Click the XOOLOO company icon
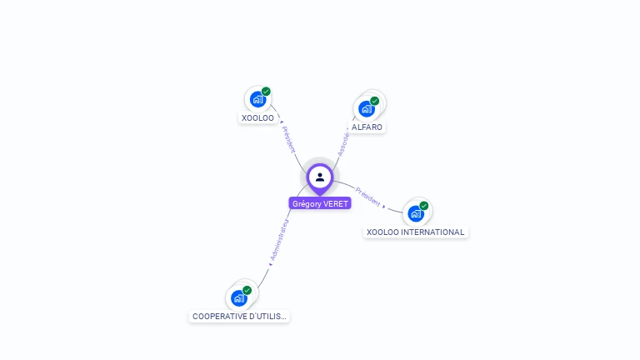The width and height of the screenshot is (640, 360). point(257,99)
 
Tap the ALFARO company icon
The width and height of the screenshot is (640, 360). point(366,108)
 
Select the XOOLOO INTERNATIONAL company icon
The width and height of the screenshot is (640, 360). point(416,213)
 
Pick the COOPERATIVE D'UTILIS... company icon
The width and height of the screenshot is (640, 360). point(239,297)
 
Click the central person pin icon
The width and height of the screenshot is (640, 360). point(320,177)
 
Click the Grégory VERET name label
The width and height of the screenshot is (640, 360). point(320,203)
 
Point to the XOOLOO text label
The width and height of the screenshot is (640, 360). point(257,118)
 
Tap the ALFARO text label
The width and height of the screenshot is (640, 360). point(367,127)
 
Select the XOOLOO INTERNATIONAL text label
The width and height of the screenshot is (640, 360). point(416,232)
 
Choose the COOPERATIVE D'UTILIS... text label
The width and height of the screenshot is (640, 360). point(239,317)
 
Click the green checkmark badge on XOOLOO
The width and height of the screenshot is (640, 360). point(266,92)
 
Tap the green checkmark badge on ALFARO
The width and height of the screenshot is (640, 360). point(374,101)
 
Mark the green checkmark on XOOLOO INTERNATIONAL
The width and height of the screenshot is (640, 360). point(424,206)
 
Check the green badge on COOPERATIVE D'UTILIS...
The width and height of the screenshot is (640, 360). point(247,290)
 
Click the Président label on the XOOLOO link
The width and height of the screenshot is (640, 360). point(288,139)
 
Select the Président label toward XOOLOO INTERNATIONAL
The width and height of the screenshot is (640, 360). point(367,197)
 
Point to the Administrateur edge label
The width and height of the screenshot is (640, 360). point(279,241)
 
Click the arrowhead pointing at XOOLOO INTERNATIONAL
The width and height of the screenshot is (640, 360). point(384,205)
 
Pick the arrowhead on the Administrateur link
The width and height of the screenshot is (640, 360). point(270,264)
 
